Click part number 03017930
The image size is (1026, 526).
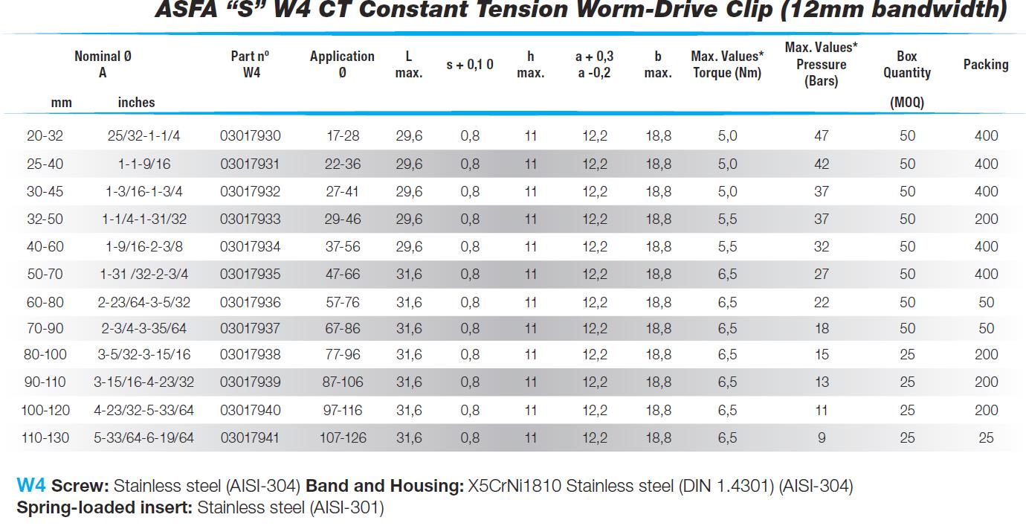coord(251,136)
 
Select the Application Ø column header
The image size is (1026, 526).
coord(342,64)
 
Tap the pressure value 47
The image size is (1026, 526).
coord(821,136)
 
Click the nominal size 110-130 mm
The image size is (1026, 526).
coord(45,438)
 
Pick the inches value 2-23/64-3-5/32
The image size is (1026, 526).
coord(143,302)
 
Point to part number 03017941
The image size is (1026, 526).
coord(251,438)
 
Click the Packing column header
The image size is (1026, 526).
coord(985,65)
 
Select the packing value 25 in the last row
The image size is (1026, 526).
coord(986,438)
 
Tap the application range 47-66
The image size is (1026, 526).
coord(342,275)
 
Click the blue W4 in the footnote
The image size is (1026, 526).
coord(31,487)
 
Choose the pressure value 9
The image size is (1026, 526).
coord(821,438)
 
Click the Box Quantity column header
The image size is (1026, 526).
coord(906,65)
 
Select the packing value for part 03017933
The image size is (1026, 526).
coord(986,219)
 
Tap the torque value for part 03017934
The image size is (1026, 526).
coord(727,247)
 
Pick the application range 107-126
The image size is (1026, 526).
coord(342,438)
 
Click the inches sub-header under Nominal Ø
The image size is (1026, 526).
coord(136,103)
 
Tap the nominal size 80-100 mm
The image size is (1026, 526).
coord(45,355)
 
